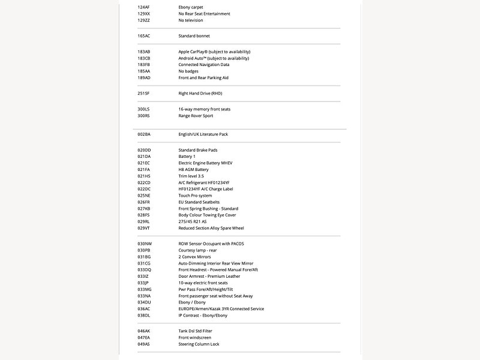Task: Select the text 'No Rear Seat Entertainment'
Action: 204,14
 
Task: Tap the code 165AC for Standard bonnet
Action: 143,36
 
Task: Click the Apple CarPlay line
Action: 214,52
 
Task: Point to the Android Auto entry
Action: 213,58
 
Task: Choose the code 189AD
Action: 143,77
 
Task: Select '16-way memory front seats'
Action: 204,109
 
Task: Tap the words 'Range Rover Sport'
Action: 196,116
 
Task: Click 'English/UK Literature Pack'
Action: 203,134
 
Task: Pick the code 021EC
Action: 143,163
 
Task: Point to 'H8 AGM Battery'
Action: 193,169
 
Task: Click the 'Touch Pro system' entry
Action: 195,196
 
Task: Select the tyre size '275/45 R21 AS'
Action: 192,221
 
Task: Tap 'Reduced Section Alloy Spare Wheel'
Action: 211,228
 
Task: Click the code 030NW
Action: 144,244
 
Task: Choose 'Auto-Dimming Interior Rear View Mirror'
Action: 215,263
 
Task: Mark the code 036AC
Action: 143,309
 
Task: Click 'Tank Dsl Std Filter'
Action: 195,331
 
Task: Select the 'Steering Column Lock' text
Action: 199,344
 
